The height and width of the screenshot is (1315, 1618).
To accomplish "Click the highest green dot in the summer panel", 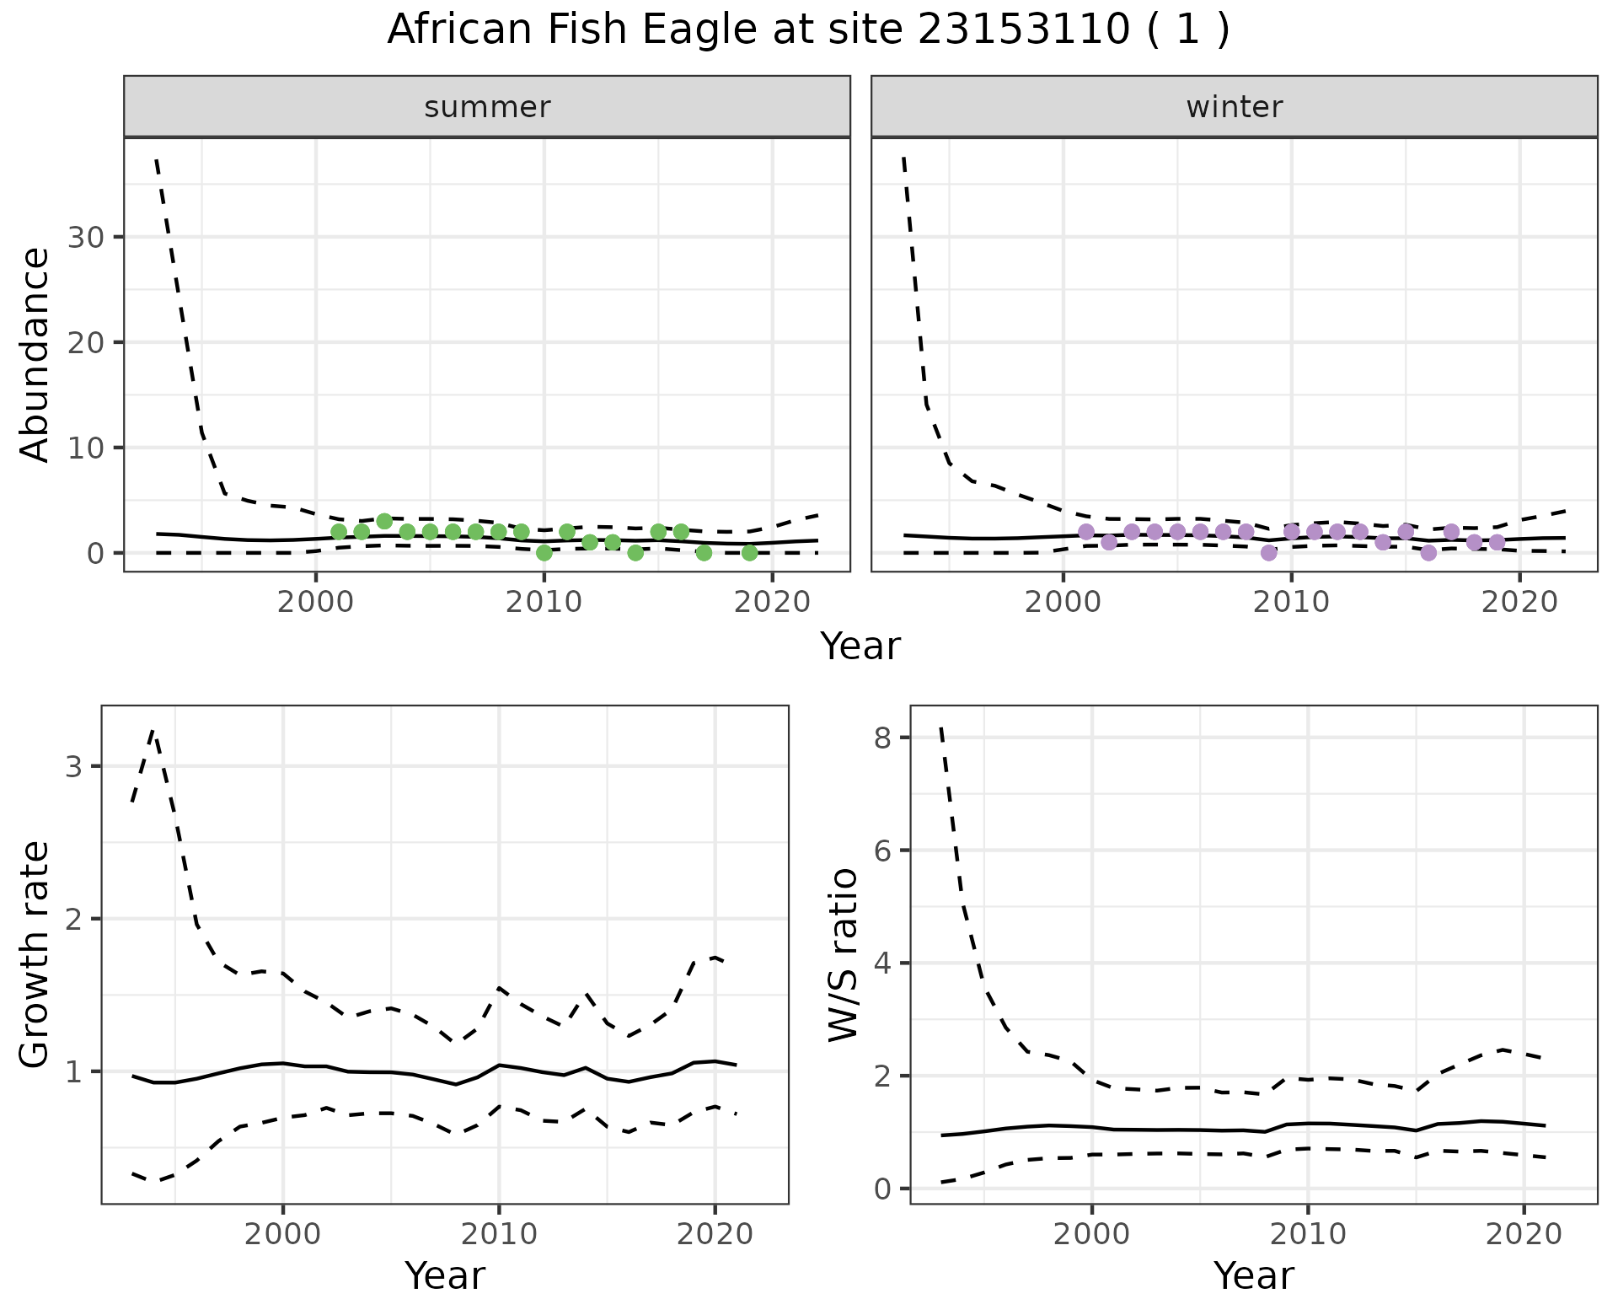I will point(384,521).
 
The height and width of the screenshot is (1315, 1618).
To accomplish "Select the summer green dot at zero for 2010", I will point(544,553).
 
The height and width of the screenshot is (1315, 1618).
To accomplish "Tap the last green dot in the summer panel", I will point(749,553).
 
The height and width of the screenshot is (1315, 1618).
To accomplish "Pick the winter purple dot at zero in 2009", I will point(1268,553).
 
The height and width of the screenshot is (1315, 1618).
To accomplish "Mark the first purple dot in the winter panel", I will point(1085,532).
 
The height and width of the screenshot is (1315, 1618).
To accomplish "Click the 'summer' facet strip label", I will point(487,107).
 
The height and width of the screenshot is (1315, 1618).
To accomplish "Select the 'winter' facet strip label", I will point(1234,107).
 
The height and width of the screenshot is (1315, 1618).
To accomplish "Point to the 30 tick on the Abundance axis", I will point(88,237).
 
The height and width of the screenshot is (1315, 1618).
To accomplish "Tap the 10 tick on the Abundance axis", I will point(88,448).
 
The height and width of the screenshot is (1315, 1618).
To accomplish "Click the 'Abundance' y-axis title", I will point(35,354).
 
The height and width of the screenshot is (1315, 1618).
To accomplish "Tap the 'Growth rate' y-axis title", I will point(35,954).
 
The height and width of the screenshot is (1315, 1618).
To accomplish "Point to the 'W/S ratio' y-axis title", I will point(843,954).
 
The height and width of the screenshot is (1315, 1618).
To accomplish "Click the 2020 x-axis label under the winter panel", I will point(1519,603).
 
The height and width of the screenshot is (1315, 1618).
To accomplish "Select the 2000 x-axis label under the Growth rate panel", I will point(283,1235).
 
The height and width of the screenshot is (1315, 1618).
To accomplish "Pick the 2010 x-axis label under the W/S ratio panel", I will point(1307,1235).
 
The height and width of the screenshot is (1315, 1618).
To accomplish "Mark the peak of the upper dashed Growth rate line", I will point(153,730).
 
